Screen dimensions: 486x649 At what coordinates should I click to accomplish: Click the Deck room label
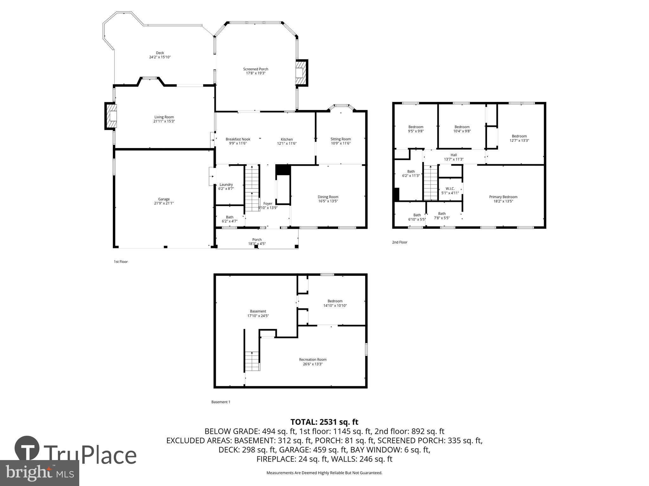160,53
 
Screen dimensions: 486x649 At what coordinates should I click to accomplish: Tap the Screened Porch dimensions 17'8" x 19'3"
255,73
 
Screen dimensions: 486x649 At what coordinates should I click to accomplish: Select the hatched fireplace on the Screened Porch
301,73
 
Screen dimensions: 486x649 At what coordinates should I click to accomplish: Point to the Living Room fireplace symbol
111,116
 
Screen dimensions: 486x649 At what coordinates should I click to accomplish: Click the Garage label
164,199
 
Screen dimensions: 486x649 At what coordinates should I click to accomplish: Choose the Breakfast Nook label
238,139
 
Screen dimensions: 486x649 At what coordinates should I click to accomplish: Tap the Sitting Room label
341,139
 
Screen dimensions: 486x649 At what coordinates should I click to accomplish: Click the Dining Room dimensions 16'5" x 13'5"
328,201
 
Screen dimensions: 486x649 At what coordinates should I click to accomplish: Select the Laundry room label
226,184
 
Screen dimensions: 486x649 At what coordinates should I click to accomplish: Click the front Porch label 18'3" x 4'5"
257,242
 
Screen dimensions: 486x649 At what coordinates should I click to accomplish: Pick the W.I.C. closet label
450,189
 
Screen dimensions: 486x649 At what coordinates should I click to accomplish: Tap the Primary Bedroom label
503,197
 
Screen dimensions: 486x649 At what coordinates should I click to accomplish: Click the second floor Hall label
454,155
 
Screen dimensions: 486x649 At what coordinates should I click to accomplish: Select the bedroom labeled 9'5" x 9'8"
415,129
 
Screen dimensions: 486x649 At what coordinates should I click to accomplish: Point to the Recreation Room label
312,359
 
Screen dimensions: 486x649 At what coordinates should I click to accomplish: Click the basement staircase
252,361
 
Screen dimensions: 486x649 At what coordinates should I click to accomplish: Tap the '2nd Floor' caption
399,242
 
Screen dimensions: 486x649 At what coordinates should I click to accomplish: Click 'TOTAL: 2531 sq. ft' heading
324,422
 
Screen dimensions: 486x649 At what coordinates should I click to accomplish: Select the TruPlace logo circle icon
27,449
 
